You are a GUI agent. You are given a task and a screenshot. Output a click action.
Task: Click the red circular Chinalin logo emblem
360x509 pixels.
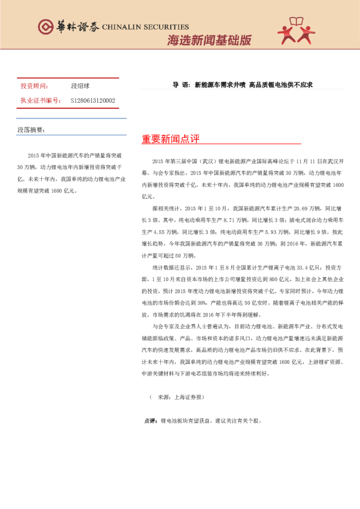coord(45,27)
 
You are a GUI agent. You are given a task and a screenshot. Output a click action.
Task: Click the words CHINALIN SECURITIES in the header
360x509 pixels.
coord(145,27)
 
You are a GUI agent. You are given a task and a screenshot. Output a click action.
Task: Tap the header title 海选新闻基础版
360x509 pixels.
coord(209,41)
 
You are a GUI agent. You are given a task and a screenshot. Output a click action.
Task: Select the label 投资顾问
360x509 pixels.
coord(34,86)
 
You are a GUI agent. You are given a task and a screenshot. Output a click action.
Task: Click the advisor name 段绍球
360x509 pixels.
coord(80,86)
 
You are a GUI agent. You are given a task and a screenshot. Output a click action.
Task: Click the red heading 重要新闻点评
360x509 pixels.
coord(171,140)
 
